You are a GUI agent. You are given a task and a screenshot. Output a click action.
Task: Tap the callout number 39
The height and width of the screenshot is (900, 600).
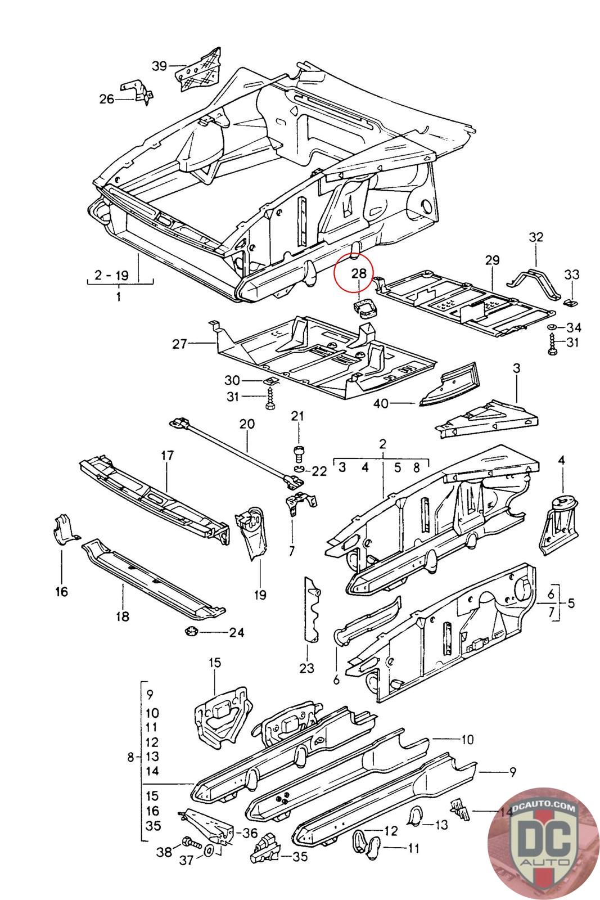click(160, 66)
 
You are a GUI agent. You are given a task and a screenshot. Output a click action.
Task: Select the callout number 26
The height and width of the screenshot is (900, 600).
click(107, 99)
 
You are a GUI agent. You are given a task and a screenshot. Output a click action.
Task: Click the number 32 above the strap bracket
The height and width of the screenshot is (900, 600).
click(536, 237)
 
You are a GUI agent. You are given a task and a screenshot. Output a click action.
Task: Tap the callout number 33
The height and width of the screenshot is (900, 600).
click(572, 274)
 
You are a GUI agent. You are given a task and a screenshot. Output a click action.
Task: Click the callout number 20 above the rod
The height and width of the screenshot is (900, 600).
click(247, 424)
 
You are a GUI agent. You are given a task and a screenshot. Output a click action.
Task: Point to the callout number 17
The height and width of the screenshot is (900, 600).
click(168, 455)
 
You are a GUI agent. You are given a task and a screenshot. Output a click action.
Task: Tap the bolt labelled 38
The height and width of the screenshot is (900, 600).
click(188, 844)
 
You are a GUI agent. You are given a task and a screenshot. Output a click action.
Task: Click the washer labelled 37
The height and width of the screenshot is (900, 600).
click(208, 849)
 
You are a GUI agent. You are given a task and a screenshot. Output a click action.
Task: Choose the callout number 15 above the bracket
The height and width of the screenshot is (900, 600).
click(215, 662)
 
